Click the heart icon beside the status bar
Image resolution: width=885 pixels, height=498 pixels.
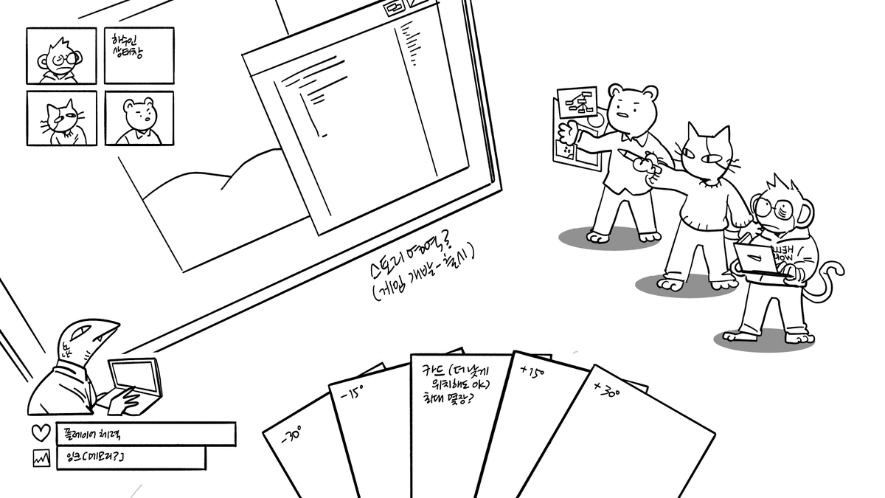pos(41,434)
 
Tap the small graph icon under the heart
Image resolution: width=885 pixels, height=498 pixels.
pos(41,458)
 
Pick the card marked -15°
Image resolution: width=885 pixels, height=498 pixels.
pos(369,435)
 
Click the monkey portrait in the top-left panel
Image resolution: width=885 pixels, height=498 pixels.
pos(61,56)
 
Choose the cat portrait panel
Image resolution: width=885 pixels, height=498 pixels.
pos(61,118)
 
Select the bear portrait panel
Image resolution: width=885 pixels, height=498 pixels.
pos(139,118)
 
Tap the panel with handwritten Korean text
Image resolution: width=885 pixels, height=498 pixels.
pos(139,56)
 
